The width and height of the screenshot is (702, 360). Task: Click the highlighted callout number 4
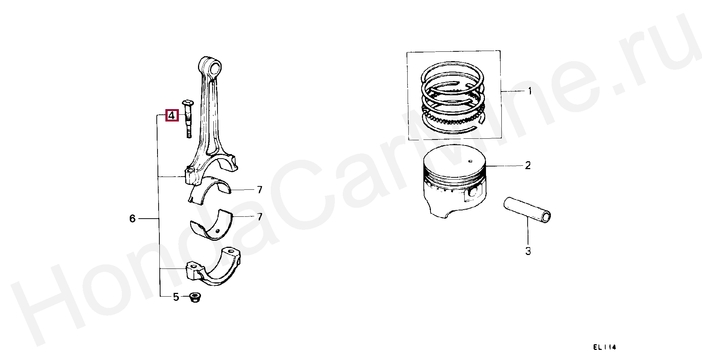coord(171,115)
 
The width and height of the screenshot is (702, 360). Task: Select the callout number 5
coord(176,297)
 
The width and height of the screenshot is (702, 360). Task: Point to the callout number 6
coord(132,219)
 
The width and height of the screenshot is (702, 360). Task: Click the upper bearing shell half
coord(210,190)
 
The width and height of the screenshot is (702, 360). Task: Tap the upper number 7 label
coord(259,190)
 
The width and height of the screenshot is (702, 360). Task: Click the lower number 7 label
coord(259,217)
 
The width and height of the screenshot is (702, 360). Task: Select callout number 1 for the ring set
coord(530,91)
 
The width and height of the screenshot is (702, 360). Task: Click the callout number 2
coord(528,165)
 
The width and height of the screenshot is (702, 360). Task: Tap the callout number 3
coord(528,251)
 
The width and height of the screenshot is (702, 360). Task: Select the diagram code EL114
coord(604,347)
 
